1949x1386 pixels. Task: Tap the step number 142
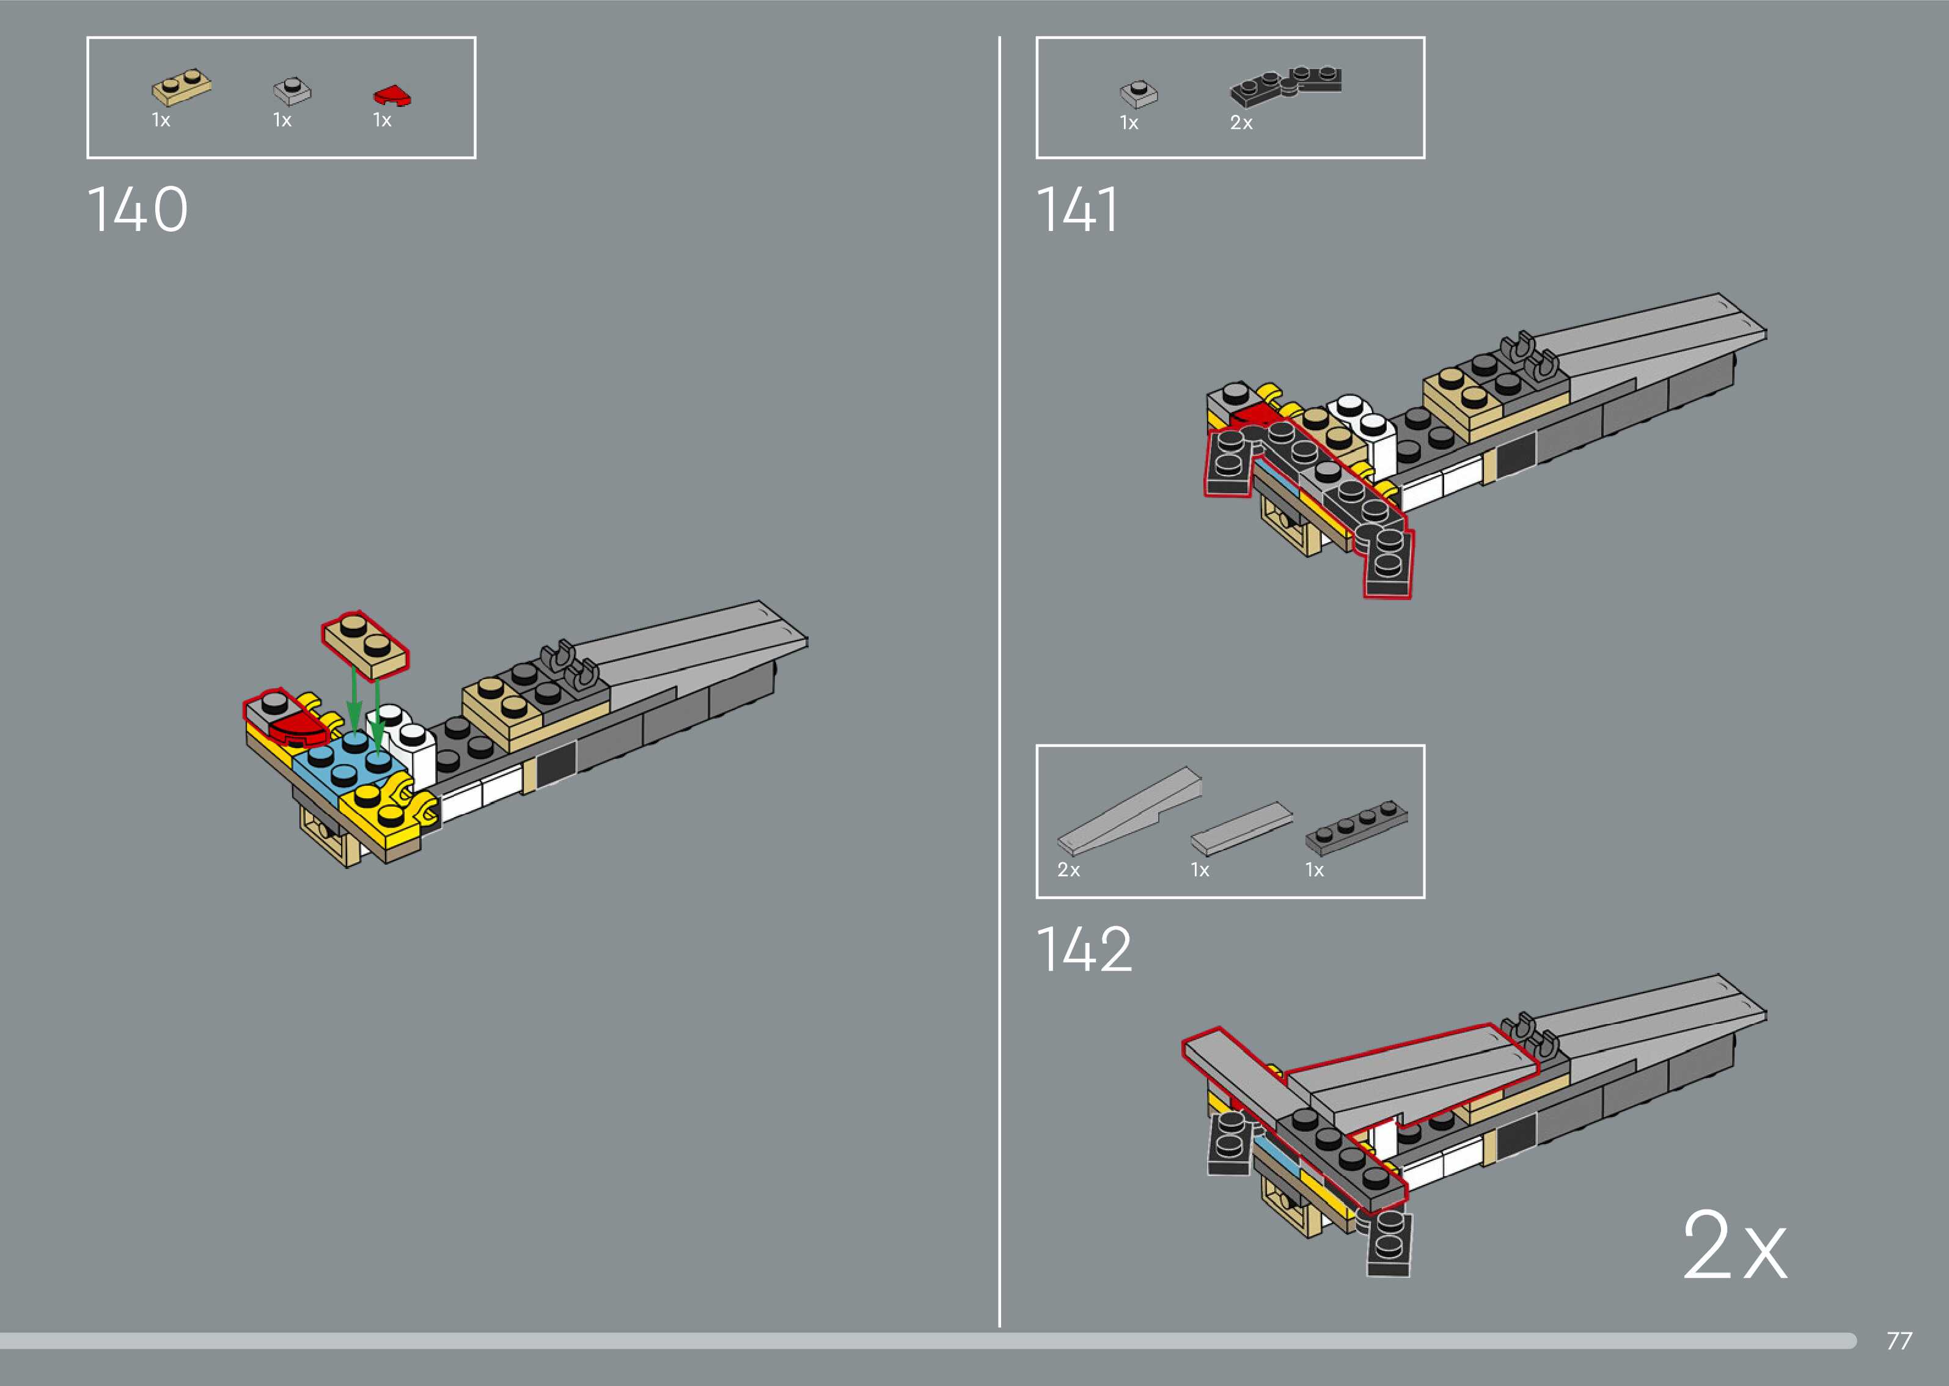click(1084, 949)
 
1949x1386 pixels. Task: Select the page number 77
click(1899, 1341)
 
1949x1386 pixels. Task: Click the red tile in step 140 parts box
click(392, 95)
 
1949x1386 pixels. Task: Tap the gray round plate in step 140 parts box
click(292, 90)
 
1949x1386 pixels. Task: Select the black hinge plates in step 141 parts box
click(1285, 86)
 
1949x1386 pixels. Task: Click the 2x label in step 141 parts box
click(1241, 123)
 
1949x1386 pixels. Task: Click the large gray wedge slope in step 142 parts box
click(1129, 811)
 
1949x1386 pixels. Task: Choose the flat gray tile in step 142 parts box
click(1242, 828)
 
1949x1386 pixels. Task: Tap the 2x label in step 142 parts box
click(1068, 870)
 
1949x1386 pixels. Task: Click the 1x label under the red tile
click(381, 120)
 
